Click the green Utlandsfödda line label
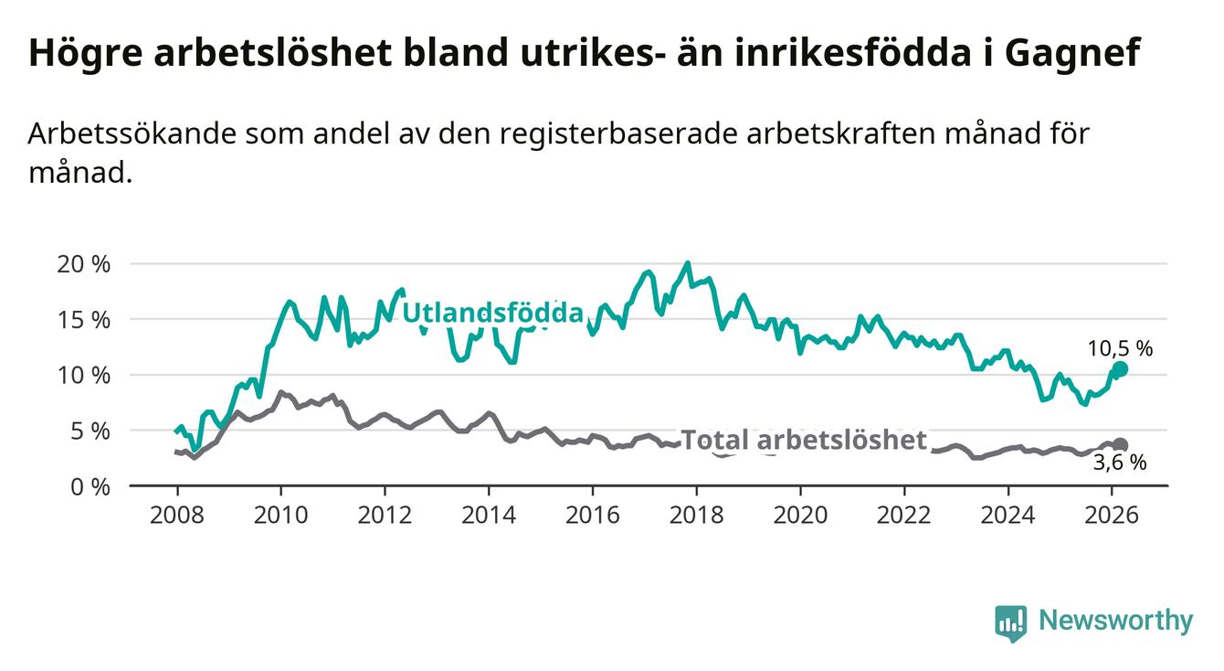(x=492, y=314)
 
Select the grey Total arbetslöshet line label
(x=805, y=441)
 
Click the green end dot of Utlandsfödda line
(x=1121, y=368)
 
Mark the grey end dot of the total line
(x=1120, y=445)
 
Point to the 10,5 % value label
(x=1120, y=348)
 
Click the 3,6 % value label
(x=1120, y=463)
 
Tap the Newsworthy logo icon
(x=1010, y=623)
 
